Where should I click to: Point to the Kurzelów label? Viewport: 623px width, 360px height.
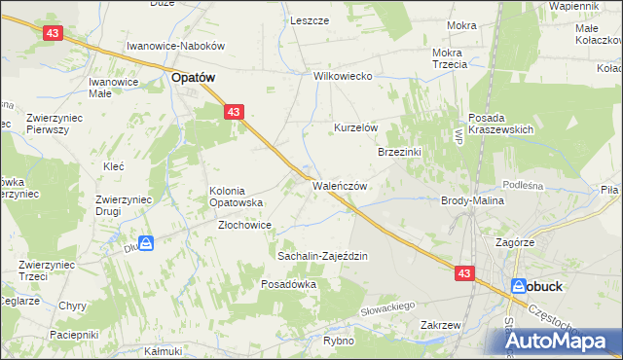tap(355, 127)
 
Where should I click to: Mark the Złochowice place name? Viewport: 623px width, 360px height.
tap(243, 225)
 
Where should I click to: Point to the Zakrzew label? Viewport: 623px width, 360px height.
tap(440, 325)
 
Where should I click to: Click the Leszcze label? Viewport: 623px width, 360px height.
tap(310, 20)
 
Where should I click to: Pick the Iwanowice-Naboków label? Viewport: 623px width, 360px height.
tap(176, 46)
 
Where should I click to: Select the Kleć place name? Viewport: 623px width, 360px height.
tap(113, 166)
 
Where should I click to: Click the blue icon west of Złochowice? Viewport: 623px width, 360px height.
tap(145, 243)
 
